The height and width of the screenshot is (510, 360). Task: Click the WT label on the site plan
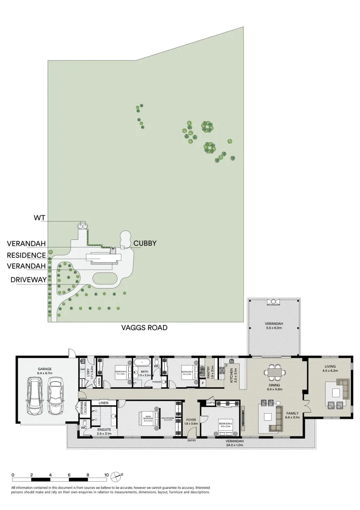pos(39,218)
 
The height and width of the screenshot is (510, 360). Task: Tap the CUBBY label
pos(144,244)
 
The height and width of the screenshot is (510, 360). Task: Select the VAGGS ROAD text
pos(144,327)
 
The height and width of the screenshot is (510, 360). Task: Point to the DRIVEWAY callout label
pos(28,280)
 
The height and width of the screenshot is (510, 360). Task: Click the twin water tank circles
pos(83,226)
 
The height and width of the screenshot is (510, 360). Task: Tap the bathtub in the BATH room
pos(142,363)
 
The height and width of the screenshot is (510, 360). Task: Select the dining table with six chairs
pos(274,372)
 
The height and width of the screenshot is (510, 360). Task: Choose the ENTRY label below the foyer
pos(192,441)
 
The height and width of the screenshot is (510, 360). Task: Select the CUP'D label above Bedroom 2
pos(210,403)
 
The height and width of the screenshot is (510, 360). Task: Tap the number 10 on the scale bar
pos(107,475)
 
